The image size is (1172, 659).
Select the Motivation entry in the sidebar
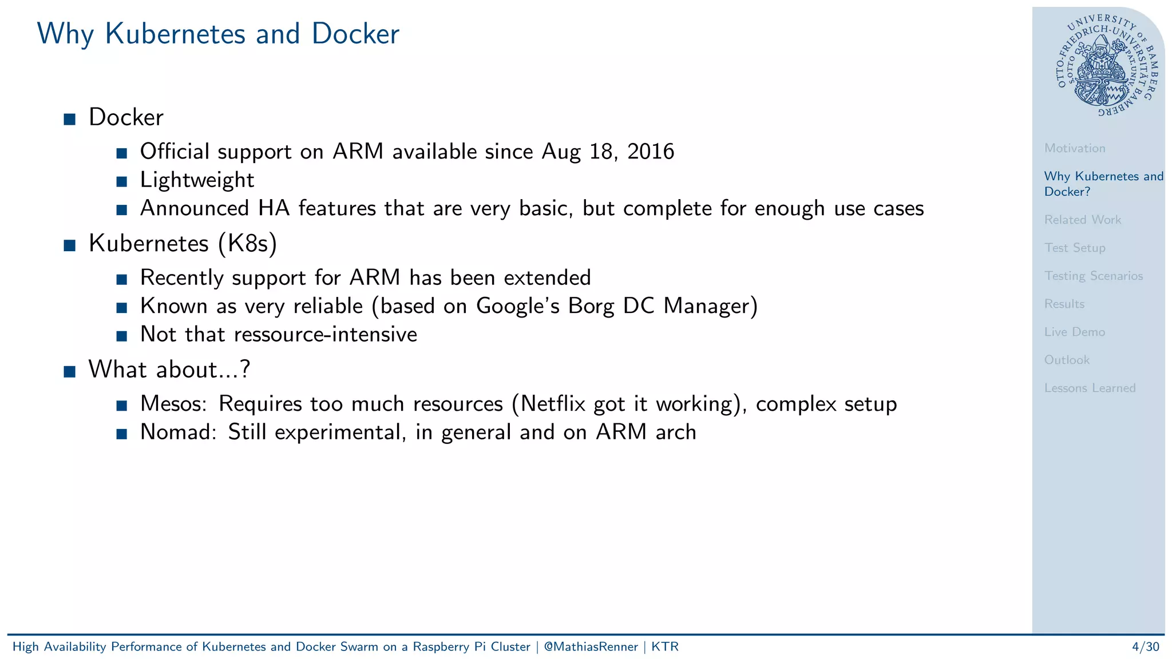[1074, 148]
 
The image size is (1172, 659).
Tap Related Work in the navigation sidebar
[1082, 220]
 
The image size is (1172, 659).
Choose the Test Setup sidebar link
[1074, 248]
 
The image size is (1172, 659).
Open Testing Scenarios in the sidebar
[1093, 276]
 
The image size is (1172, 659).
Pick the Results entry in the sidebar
[1064, 304]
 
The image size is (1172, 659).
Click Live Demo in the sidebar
[1074, 332]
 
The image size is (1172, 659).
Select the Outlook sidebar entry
[1067, 360]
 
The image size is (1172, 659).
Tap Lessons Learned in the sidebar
[1090, 388]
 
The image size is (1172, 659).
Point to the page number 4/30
[1145, 647]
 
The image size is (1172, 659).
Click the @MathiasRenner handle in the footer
[591, 647]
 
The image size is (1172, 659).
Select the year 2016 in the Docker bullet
[651, 152]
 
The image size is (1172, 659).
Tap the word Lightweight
[197, 180]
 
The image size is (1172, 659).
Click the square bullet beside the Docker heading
[70, 119]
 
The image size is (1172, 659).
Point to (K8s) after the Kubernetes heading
[247, 244]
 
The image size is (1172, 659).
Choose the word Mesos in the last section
[173, 404]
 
